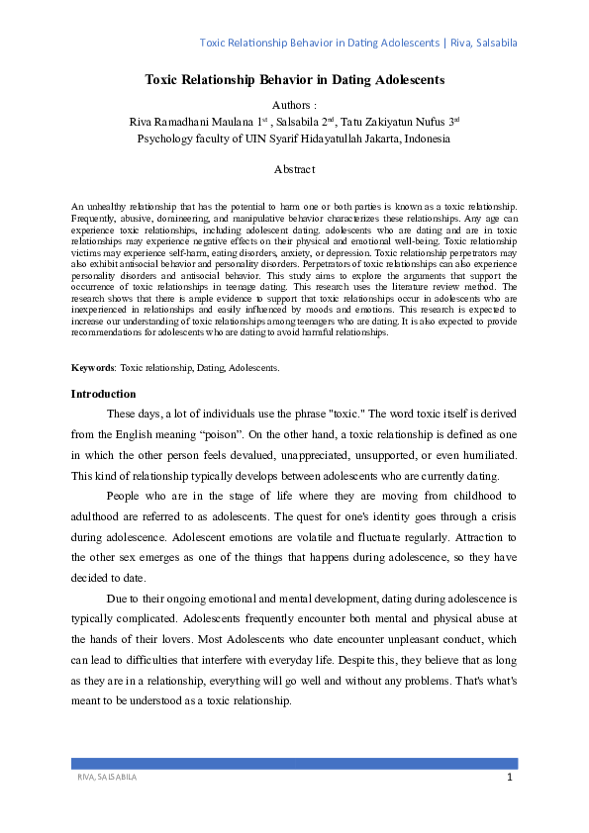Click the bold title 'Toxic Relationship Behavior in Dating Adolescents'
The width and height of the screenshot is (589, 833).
click(x=294, y=78)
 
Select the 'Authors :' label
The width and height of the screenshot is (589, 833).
click(x=294, y=104)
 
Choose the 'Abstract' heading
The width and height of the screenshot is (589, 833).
click(x=294, y=169)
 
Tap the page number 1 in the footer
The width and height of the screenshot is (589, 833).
click(x=509, y=778)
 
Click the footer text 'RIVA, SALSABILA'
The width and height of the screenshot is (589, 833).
click(x=107, y=779)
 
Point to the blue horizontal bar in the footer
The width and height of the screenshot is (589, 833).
click(x=294, y=764)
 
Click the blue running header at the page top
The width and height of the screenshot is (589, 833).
click(x=357, y=44)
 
